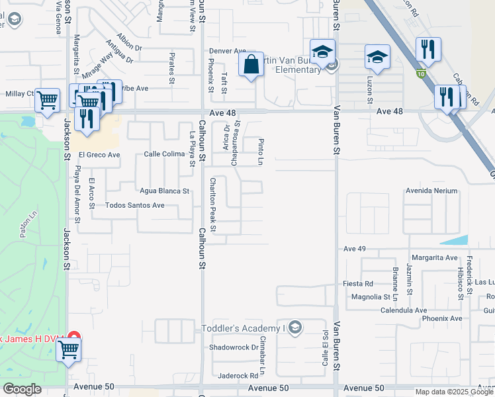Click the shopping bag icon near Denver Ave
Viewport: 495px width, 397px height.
[x=251, y=65]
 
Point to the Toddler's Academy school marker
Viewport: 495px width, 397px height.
[x=295, y=328]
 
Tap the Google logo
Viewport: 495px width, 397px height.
[x=22, y=389]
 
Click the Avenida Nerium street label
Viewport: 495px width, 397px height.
[x=431, y=191]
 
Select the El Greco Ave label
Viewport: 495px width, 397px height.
[x=99, y=155]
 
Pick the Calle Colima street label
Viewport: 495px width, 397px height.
[x=163, y=155]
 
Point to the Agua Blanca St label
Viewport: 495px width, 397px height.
[x=164, y=191]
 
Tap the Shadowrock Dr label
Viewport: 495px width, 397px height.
[x=232, y=347]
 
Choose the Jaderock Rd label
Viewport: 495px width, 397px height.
[x=238, y=375]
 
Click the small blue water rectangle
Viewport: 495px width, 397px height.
[x=453, y=240]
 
